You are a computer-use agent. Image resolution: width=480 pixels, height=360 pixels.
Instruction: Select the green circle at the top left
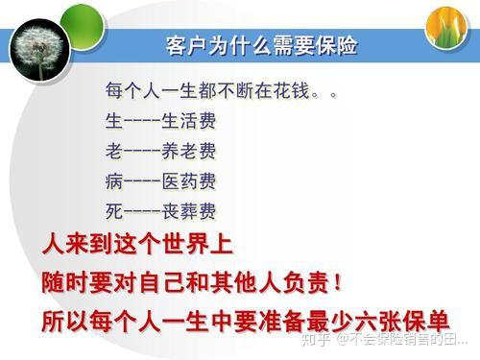pos(82,17)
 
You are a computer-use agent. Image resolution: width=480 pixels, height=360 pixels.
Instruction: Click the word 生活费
pos(188,122)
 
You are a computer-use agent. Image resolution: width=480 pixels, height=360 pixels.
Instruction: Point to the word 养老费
pos(188,152)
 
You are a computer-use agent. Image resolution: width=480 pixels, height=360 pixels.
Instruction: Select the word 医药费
pos(188,180)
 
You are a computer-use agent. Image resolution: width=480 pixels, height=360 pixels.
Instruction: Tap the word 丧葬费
pos(188,210)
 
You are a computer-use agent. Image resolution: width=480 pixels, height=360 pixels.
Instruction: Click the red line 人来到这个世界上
pos(137,245)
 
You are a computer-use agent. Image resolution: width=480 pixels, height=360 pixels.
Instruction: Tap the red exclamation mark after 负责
pos(338,283)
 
